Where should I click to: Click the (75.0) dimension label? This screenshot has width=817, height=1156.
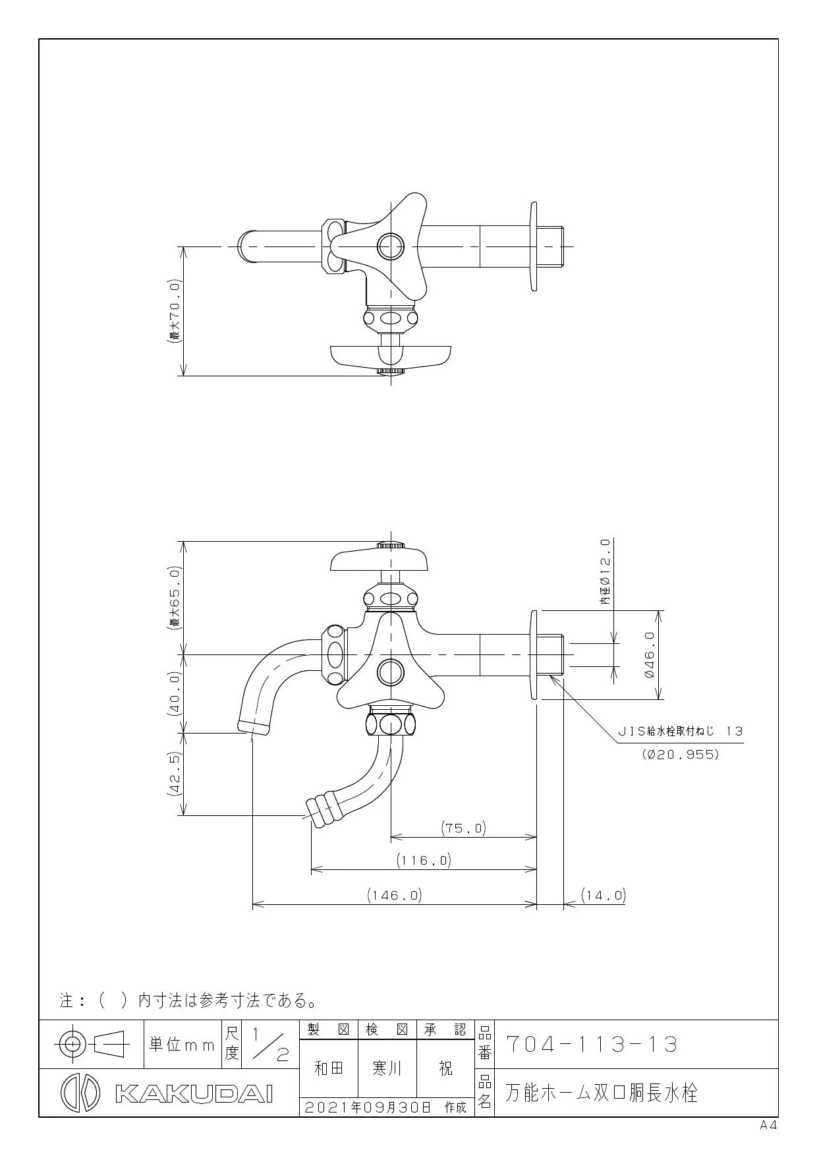point(463,828)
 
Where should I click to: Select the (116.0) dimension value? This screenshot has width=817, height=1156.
point(424,860)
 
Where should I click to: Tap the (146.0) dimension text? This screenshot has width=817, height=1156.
point(394,895)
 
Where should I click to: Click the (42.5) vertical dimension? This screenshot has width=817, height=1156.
point(175,774)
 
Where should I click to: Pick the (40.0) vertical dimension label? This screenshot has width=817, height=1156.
point(175,694)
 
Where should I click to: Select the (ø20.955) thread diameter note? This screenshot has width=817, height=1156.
point(680,755)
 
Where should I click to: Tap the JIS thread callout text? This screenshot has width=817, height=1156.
point(680,731)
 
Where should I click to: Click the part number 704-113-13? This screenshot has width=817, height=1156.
point(591,1045)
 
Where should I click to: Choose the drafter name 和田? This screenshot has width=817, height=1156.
point(329,1068)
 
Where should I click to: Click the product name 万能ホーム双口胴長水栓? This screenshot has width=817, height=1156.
point(601,1093)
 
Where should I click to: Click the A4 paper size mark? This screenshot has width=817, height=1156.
point(768,1126)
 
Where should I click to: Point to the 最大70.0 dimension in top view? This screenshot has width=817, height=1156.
point(175,312)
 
